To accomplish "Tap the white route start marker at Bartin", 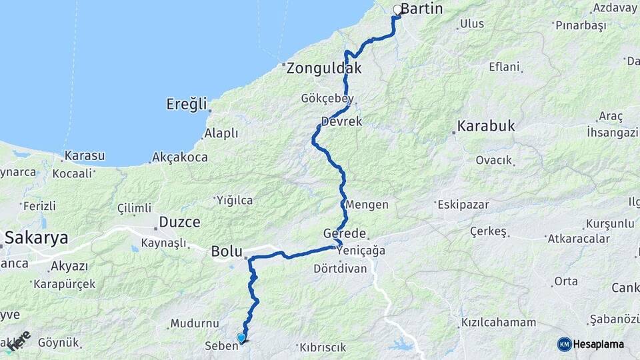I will [397, 10].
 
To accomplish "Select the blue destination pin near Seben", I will [241, 338].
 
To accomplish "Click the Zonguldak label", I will [324, 68].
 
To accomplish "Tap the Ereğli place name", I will [187, 105].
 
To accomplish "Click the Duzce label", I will [179, 222].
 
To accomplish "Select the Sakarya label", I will [37, 237].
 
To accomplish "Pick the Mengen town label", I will [367, 205].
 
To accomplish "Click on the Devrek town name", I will [341, 122].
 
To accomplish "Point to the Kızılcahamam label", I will [499, 323].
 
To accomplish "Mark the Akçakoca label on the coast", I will [180, 158].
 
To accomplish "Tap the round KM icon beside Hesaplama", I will [564, 344].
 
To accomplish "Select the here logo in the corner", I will [19, 341].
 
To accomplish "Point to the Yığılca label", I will [235, 200].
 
